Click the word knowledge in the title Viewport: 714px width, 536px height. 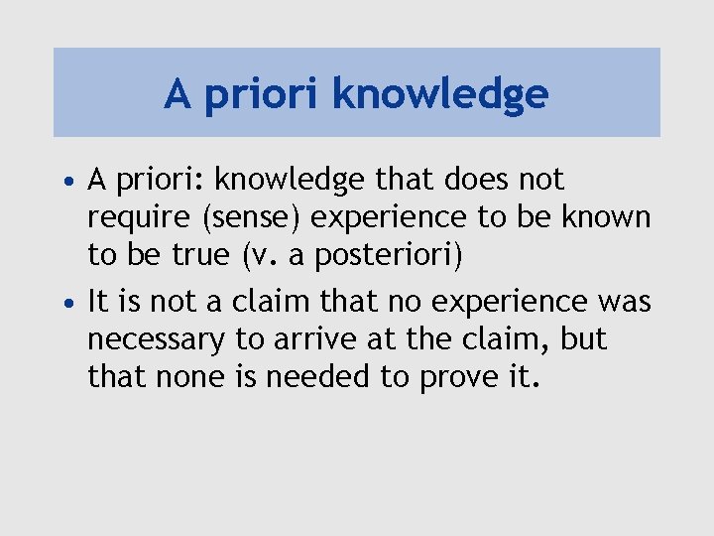[440, 94]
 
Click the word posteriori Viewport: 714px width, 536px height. [389, 256]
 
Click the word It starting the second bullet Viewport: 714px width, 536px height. [98, 300]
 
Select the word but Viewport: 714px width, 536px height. [583, 338]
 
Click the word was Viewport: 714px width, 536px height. [625, 301]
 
